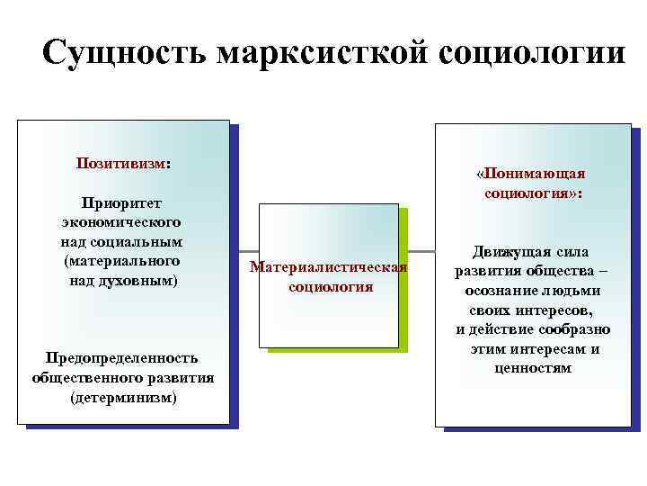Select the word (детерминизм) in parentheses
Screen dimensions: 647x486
click(x=123, y=397)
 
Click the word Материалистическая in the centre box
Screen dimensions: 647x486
click(x=329, y=267)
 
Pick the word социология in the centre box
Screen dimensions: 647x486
click(x=330, y=287)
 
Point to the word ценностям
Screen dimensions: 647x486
click(x=533, y=368)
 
